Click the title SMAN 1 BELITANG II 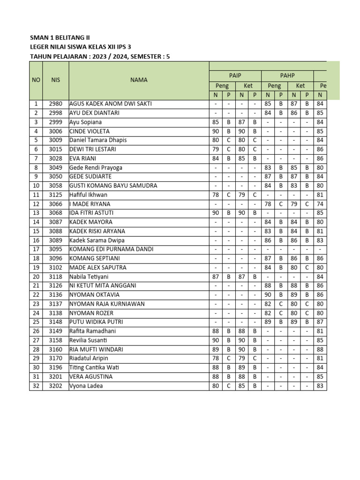60,37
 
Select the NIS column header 55,80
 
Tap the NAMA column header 139,80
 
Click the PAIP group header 235,75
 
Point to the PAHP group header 287,75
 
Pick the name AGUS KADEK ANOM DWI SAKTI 111,104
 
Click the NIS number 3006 55,131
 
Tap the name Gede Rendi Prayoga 97,167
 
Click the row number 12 36,204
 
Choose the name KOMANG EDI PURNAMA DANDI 112,249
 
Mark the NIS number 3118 55,277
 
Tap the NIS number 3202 55,386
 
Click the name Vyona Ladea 86,386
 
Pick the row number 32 36,386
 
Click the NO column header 36,80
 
